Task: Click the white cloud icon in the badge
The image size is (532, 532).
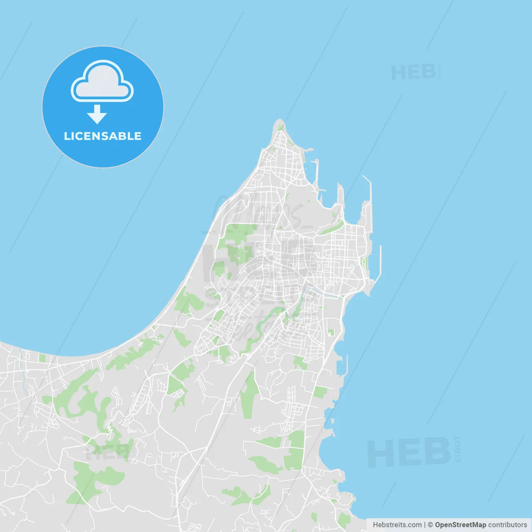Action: pyautogui.click(x=102, y=82)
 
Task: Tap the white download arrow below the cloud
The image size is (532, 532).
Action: pyautogui.click(x=97, y=115)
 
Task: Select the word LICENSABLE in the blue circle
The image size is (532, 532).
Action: pyautogui.click(x=103, y=136)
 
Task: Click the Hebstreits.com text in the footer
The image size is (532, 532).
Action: pyautogui.click(x=397, y=525)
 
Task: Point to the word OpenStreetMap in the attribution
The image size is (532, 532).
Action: pyautogui.click(x=460, y=525)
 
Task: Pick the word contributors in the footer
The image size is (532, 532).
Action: pyautogui.click(x=507, y=525)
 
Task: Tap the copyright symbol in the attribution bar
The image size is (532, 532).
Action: pyautogui.click(x=430, y=525)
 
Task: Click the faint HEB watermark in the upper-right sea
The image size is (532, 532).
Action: pyautogui.click(x=414, y=73)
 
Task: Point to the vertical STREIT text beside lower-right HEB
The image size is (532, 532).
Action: pyautogui.click(x=458, y=449)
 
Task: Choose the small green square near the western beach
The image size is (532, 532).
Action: pyautogui.click(x=42, y=358)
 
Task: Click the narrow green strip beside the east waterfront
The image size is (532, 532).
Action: pyautogui.click(x=365, y=263)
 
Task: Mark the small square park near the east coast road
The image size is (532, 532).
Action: pyautogui.click(x=331, y=332)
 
